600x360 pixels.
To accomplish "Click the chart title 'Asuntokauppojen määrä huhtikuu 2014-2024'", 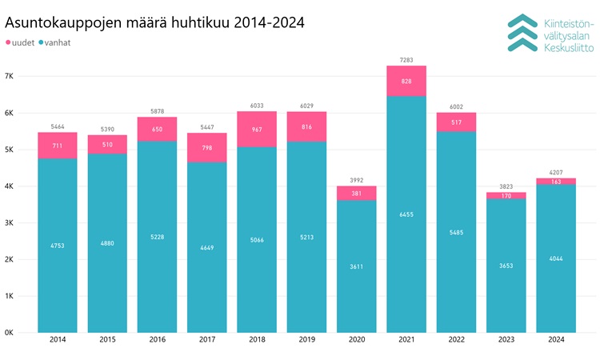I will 154,22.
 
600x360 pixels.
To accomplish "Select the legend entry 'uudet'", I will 22,42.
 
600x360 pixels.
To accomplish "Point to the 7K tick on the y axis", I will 9,76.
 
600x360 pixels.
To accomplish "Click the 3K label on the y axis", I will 9,223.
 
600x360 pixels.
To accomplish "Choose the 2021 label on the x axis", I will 406,342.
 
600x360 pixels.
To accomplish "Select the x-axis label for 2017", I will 206,342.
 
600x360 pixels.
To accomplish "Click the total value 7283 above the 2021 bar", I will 406,59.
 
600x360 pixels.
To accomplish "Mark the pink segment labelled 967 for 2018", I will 257,130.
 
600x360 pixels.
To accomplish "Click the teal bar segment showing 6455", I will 406,214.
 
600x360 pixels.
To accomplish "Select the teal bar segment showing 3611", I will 357,266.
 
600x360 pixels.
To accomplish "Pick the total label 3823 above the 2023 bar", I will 506,186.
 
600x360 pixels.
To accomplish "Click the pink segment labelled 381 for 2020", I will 357,193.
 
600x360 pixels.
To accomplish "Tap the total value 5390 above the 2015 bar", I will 107,128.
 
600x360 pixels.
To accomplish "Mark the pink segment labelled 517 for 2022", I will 456,122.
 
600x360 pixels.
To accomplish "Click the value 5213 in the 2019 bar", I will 306,237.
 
